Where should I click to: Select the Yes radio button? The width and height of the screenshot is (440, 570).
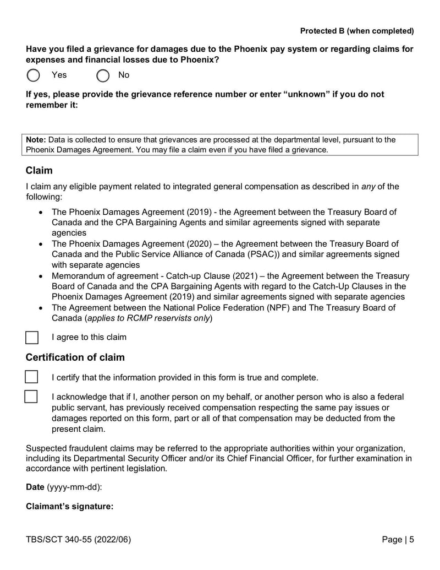(x=34, y=75)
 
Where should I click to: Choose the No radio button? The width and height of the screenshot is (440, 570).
(x=103, y=75)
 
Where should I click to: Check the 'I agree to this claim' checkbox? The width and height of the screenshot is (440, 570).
(x=32, y=338)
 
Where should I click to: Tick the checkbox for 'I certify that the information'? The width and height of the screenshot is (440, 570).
(x=32, y=377)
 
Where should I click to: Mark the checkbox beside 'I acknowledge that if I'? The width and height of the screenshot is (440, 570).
(x=31, y=397)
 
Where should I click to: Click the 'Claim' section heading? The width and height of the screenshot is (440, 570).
(x=39, y=171)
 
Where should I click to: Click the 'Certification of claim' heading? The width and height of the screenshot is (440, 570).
(x=75, y=357)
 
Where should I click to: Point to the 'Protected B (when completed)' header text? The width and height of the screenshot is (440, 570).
(x=357, y=31)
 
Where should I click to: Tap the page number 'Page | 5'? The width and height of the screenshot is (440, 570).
(x=398, y=540)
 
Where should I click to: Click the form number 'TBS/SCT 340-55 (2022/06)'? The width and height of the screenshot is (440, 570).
(x=79, y=540)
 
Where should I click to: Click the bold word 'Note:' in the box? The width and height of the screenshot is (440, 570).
(x=36, y=140)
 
